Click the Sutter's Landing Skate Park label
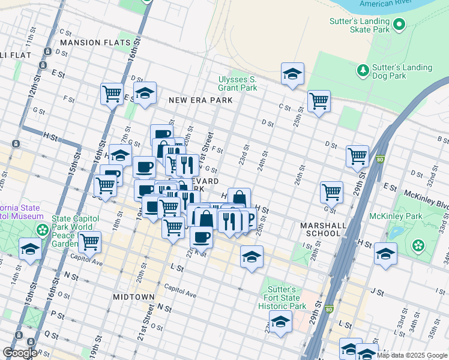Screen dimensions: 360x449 point(360,25)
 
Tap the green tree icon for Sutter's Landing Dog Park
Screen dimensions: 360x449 point(363,71)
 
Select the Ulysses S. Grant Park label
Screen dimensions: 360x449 point(238,83)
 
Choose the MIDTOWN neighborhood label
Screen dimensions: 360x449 point(133,297)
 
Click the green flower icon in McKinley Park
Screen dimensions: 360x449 point(418,245)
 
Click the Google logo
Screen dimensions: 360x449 point(19,353)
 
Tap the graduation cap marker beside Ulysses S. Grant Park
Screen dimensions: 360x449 point(292,74)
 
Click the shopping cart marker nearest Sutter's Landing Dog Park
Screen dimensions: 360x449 point(319,101)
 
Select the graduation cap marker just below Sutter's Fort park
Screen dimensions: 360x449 point(280,322)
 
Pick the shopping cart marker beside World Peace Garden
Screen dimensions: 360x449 point(89,242)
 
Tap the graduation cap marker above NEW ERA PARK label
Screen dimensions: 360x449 point(145,93)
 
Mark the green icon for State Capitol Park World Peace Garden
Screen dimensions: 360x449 point(43,230)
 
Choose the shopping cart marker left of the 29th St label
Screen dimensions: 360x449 point(357,156)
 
